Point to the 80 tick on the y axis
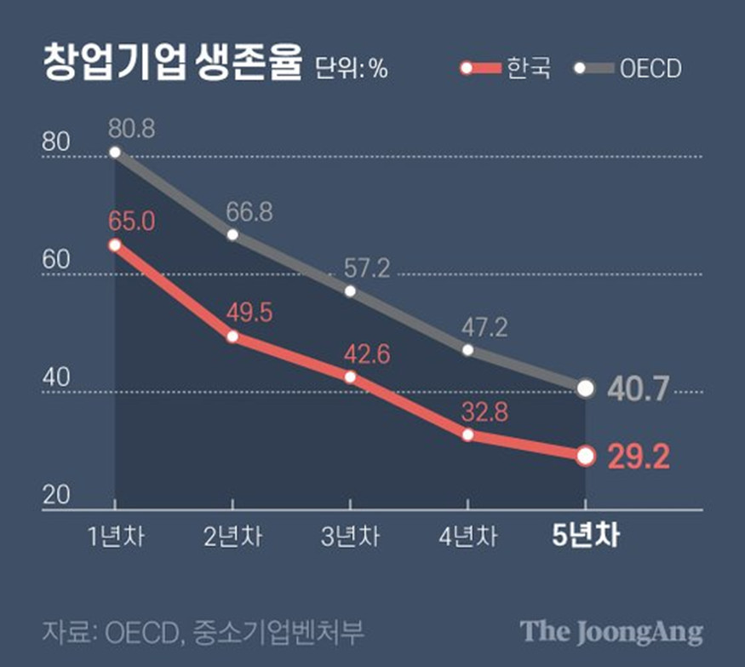coord(55,143)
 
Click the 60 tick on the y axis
coord(55,261)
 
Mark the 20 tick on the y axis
coord(55,496)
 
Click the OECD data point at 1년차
coord(115,152)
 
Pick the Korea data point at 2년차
coord(232,336)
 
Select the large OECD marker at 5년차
coord(585,388)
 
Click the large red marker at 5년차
coord(585,456)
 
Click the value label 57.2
coord(367,269)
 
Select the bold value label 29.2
coord(639,457)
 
